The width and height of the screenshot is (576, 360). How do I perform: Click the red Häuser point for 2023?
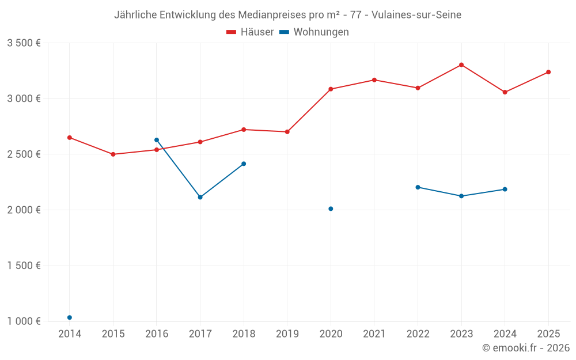tap(461, 65)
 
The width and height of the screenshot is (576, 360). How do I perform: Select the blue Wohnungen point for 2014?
tap(70, 317)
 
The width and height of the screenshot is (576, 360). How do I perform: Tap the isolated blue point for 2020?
tap(331, 209)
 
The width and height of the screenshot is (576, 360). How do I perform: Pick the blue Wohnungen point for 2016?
tap(157, 140)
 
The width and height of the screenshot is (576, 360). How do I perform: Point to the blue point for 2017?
tap(200, 197)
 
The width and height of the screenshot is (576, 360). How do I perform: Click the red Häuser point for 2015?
tap(113, 154)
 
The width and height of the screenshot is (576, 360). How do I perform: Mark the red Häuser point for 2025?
tap(548, 72)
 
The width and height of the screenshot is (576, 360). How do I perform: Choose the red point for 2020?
tap(331, 89)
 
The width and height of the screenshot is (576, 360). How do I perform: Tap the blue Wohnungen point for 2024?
tap(505, 189)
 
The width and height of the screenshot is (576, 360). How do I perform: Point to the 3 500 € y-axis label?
tap(24, 43)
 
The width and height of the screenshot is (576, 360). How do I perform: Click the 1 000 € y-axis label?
tap(24, 321)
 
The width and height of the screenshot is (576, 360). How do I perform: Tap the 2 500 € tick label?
tap(24, 154)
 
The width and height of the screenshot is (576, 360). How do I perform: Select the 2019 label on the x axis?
tap(287, 334)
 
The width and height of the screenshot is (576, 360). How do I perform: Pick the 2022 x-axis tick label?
tap(418, 334)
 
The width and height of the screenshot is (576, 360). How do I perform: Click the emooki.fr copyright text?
tap(526, 348)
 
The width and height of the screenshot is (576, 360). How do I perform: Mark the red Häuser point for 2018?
tap(244, 130)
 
